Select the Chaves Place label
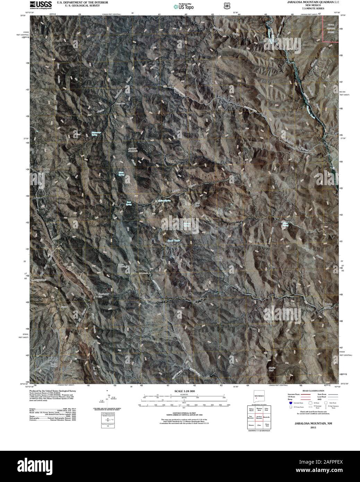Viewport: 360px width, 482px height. (x=328, y=305)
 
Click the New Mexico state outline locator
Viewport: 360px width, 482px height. (x=259, y=398)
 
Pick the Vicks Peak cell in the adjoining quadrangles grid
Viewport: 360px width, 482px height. (x=266, y=410)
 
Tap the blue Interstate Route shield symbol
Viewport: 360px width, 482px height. (x=290, y=403)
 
